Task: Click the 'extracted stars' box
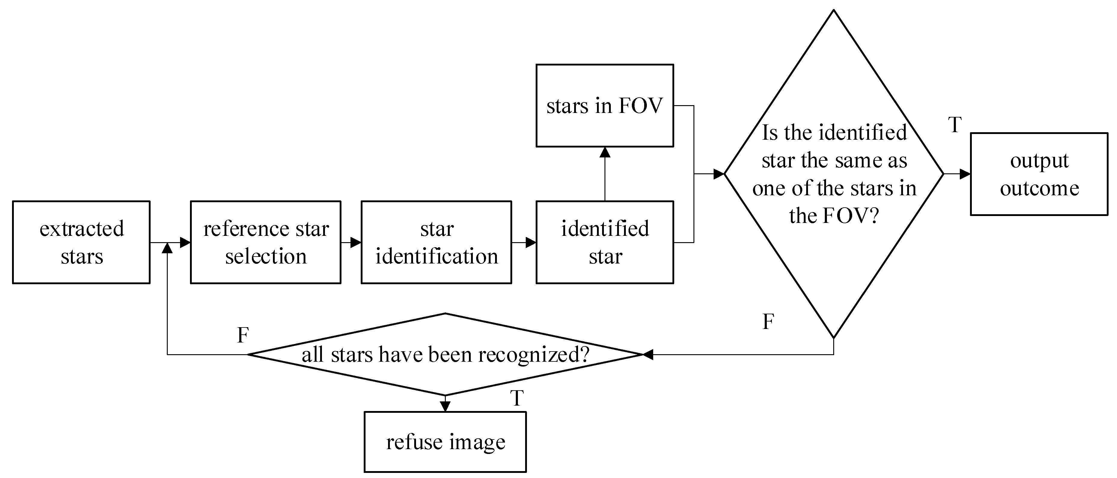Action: pos(81,242)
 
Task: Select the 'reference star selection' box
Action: pos(265,242)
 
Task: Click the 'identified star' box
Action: pos(604,242)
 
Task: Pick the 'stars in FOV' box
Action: pos(604,106)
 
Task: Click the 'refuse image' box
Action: pos(445,442)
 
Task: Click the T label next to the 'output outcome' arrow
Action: pos(955,125)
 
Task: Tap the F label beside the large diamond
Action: pos(768,321)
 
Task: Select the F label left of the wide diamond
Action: pos(243,335)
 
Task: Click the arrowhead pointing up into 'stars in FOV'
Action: pos(604,152)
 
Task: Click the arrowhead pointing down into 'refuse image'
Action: pos(445,406)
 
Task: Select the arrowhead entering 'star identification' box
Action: pos(356,242)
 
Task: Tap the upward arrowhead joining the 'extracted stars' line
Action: pos(167,248)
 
